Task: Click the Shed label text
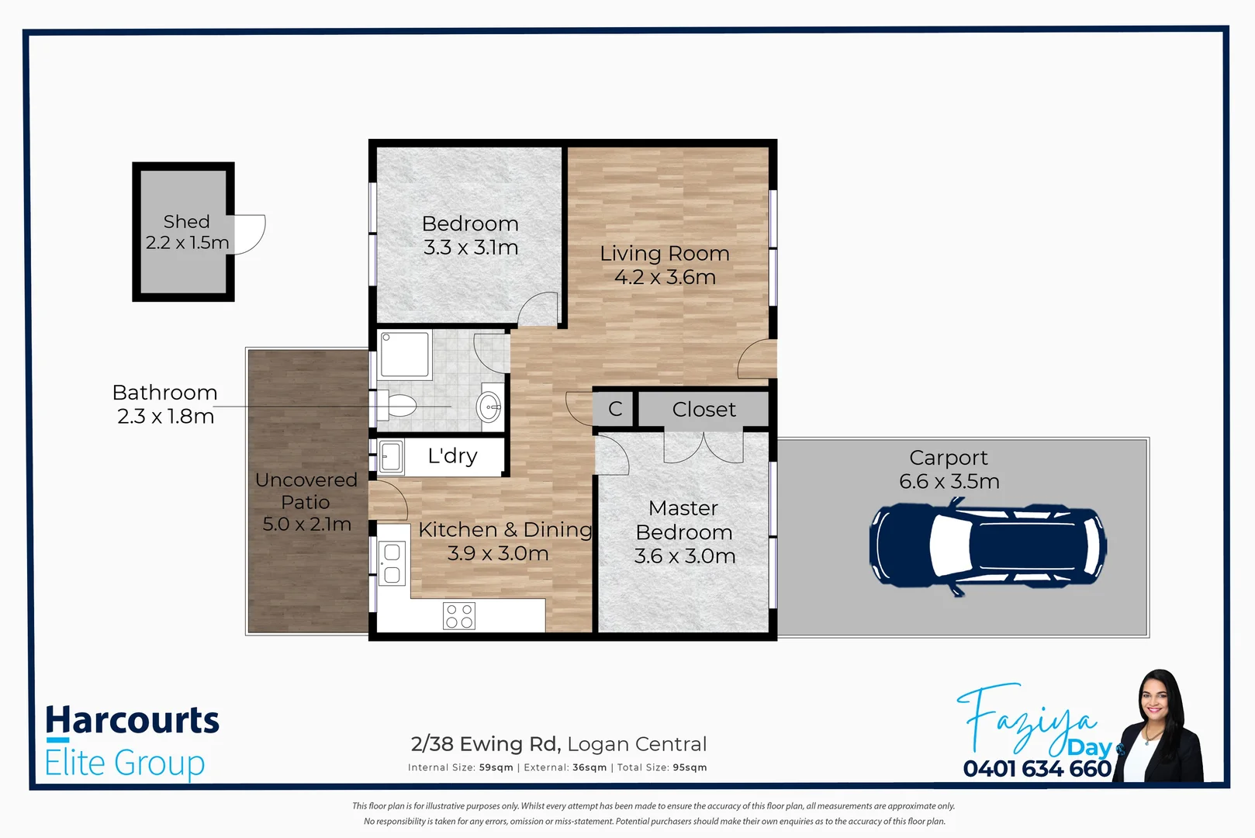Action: [x=186, y=222]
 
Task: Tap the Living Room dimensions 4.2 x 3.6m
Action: [x=665, y=278]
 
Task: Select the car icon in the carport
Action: [x=987, y=546]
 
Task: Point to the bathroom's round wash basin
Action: [x=489, y=406]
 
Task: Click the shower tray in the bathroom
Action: [x=405, y=355]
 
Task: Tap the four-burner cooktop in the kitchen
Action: [x=459, y=616]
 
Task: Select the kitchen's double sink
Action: [x=392, y=563]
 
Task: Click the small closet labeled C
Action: [x=615, y=409]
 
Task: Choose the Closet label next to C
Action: [x=704, y=409]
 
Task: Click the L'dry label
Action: [x=452, y=456]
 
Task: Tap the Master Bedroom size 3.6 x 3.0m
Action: [x=684, y=556]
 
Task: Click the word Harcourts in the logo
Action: [x=133, y=720]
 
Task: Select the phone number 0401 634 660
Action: [x=1037, y=769]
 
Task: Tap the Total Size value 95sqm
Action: [x=690, y=767]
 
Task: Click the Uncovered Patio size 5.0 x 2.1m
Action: [x=306, y=525]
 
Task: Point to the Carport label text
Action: [x=948, y=458]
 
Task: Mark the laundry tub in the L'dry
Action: [x=391, y=456]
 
